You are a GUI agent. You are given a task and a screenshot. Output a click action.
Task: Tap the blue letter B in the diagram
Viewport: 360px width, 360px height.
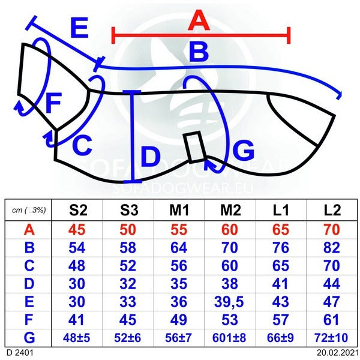coord(198,53)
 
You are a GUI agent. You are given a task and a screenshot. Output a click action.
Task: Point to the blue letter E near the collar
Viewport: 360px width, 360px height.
coord(79,29)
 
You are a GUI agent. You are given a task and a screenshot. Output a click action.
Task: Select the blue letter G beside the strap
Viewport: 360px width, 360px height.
coord(243,151)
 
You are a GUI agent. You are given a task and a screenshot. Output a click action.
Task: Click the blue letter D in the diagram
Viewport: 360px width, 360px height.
coord(151,159)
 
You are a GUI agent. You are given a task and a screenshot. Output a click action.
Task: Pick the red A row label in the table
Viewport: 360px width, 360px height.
coord(28,230)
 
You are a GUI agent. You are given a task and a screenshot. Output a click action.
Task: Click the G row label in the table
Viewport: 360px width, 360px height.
coord(28,338)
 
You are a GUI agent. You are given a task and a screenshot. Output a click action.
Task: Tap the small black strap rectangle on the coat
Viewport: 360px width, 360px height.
coord(194,147)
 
